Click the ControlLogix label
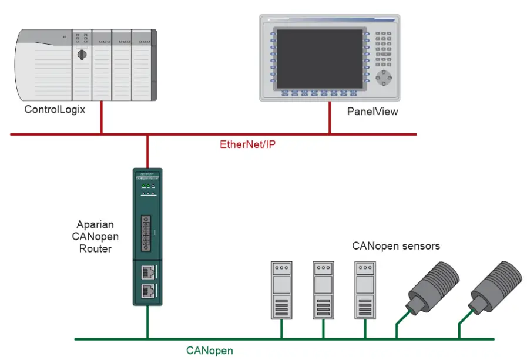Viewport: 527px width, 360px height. [55, 110]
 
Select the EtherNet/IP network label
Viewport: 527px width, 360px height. [247, 144]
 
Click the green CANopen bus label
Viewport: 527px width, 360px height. [209, 351]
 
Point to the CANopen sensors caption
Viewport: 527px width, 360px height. [395, 246]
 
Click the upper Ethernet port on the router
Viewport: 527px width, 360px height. [147, 272]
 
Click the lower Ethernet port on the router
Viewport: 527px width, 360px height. [147, 291]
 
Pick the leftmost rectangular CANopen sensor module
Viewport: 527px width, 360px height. [281, 290]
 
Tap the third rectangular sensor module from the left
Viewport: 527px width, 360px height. [365, 290]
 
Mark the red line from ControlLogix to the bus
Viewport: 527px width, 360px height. [101, 117]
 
